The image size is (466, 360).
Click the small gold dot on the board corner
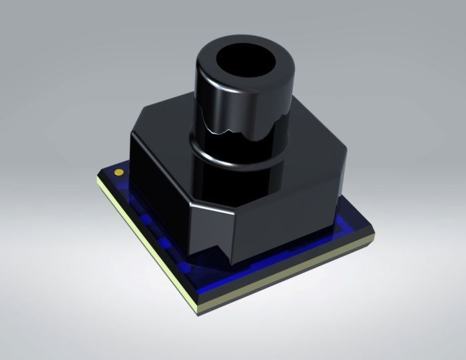coord(119,172)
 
